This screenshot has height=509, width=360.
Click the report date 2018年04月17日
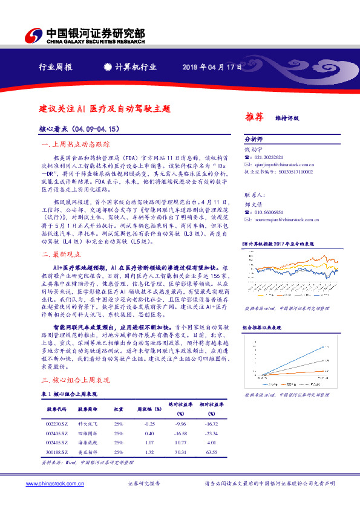[212, 66]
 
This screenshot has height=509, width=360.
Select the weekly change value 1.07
[149, 443]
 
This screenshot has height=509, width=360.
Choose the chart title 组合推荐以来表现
[264, 328]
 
